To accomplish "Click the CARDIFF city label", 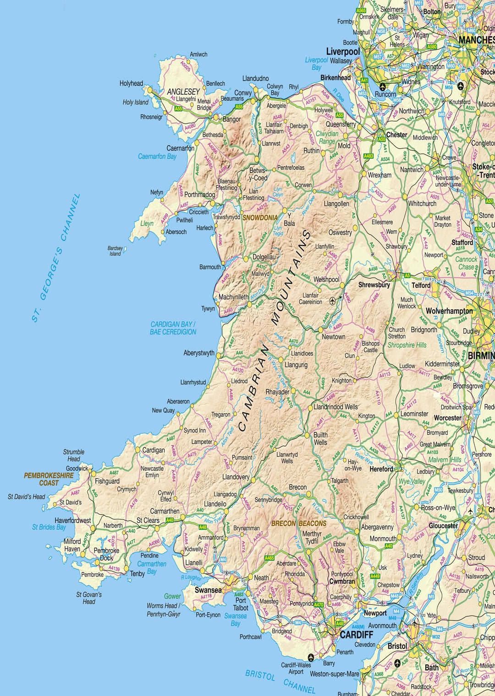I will (356, 635).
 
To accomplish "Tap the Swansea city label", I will (208, 590).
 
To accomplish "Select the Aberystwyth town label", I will (199, 353).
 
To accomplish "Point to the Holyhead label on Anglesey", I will (131, 83).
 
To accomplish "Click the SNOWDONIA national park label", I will (260, 218).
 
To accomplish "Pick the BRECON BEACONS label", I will (299, 523).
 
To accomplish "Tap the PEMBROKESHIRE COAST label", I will (49, 479).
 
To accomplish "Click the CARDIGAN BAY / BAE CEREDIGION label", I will (173, 328).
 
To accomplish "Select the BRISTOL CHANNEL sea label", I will (280, 682).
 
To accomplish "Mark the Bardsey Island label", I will (115, 251).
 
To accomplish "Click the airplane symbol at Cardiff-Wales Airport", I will (310, 657).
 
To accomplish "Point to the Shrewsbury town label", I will (374, 285).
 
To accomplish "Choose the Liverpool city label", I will (343, 51).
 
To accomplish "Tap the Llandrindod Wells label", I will (335, 407).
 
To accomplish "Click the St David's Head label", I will (27, 496).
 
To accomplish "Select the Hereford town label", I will (381, 469).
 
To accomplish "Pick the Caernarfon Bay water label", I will (157, 156).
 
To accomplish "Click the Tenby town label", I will (137, 573).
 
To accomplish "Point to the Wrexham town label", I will (379, 175).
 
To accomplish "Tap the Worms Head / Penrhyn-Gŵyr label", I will (164, 610).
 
